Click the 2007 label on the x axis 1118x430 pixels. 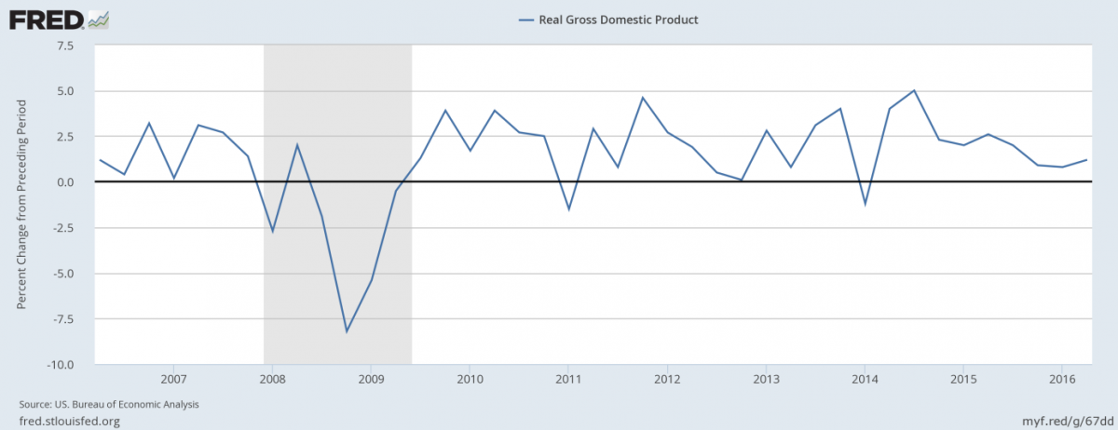click(x=173, y=380)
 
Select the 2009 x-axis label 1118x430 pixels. click(x=371, y=380)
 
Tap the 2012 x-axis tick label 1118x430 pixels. click(x=667, y=380)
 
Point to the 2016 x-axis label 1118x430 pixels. click(x=1062, y=380)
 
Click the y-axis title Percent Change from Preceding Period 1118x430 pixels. click(x=21, y=205)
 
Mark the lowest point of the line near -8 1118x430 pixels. click(x=347, y=331)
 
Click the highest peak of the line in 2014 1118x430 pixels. click(x=915, y=90)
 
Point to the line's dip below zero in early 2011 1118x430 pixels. click(x=568, y=209)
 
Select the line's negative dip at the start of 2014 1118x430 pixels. click(x=866, y=204)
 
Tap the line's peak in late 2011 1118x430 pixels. click(x=643, y=98)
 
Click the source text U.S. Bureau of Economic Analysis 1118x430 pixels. click(x=109, y=405)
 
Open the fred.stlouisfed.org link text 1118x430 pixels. click(x=69, y=421)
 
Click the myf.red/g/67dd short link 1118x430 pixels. click(x=1067, y=421)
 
